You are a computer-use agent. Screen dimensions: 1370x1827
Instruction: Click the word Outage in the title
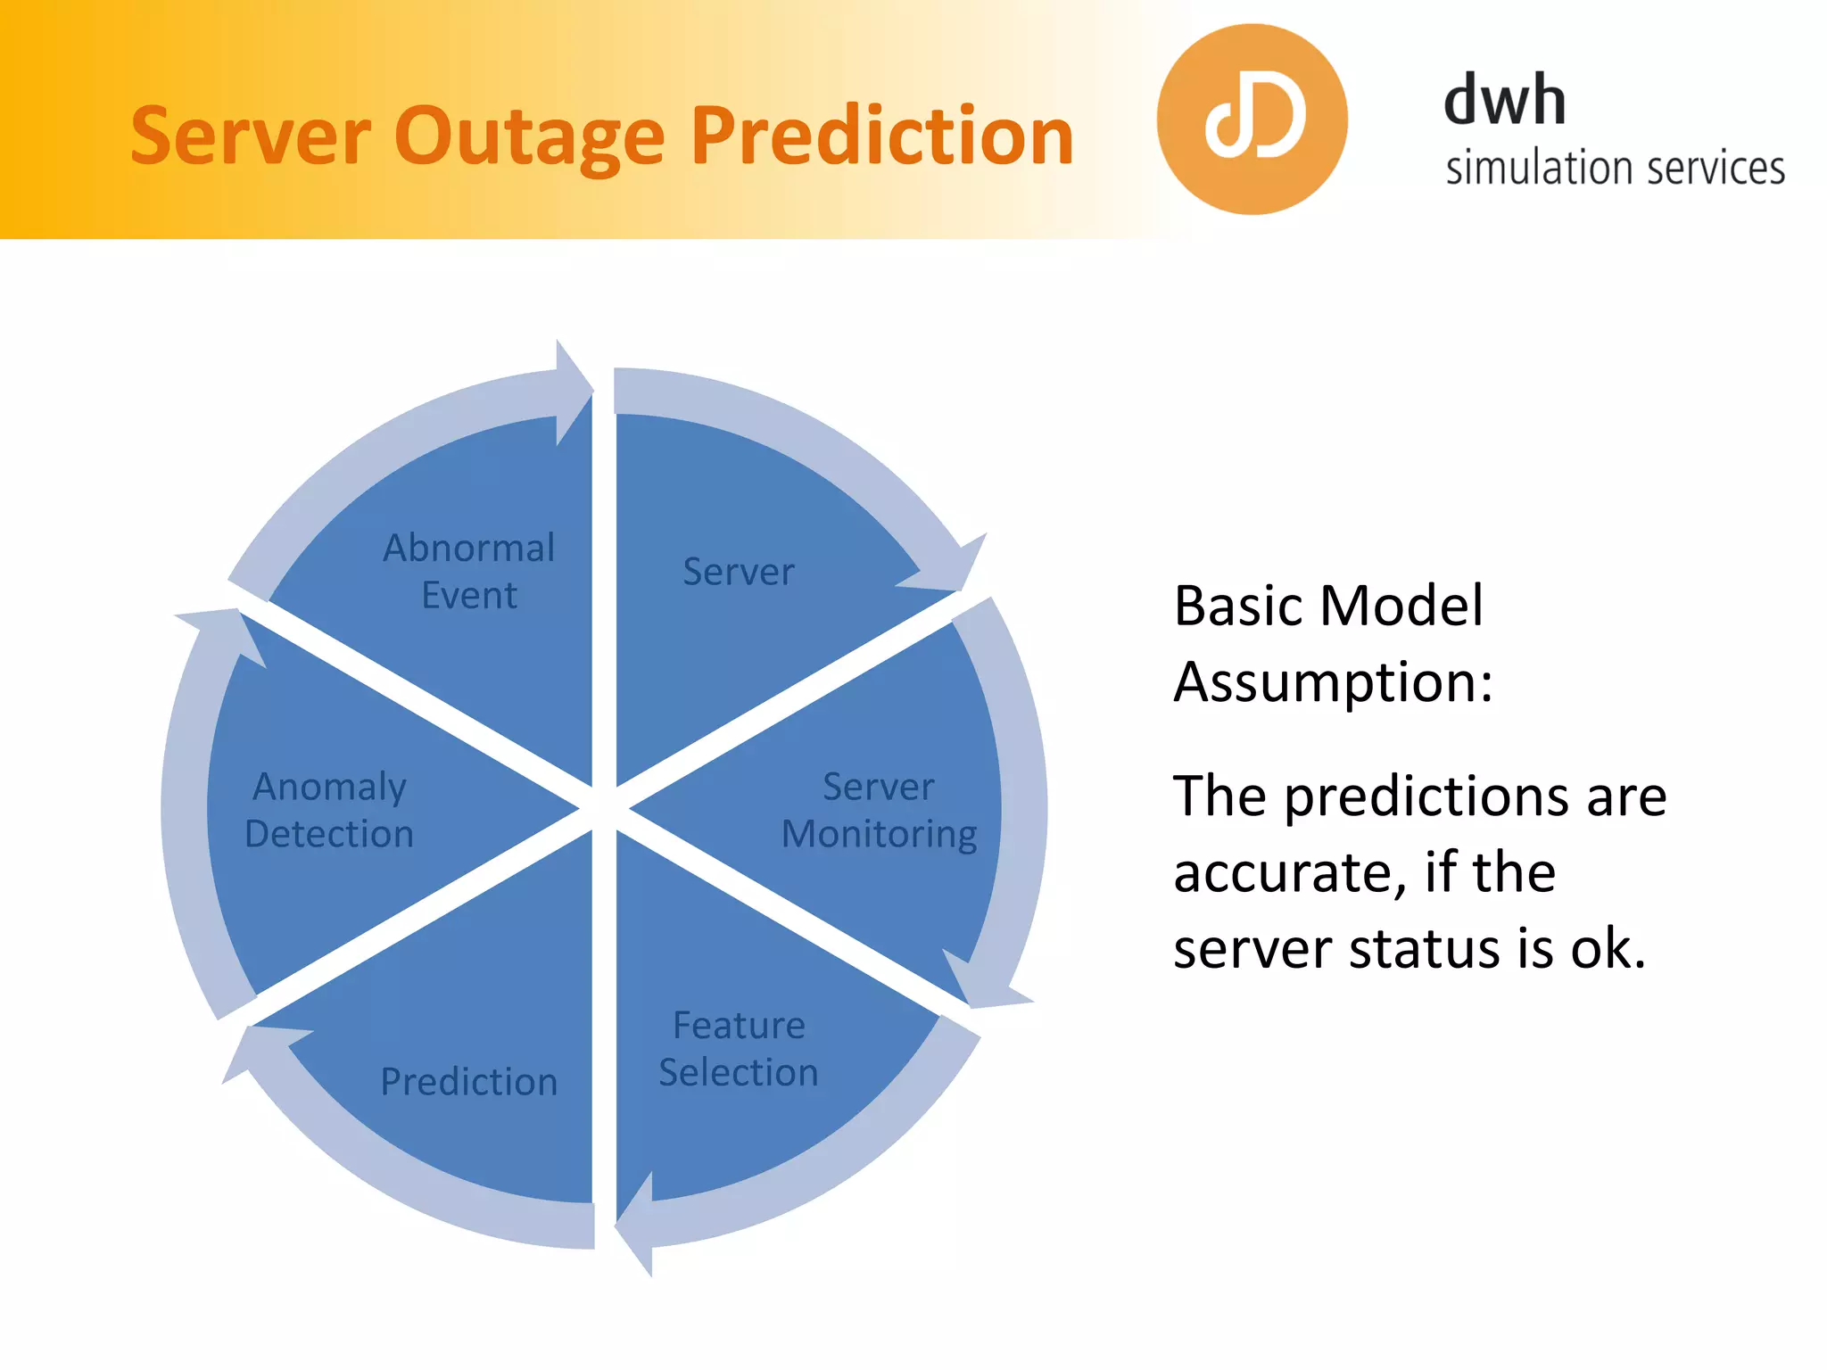529,138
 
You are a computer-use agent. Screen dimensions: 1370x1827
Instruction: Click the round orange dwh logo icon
1252,120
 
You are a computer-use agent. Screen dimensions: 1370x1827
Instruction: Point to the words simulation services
1615,169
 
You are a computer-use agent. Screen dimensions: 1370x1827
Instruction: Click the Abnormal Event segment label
469,571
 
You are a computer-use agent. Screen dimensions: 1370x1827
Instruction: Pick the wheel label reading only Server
738,572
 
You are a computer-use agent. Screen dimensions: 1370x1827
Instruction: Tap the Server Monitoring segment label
879,810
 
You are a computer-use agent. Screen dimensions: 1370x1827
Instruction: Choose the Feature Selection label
739,1048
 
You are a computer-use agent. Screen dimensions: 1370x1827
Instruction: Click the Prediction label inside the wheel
469,1082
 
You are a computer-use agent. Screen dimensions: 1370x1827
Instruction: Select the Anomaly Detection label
329,810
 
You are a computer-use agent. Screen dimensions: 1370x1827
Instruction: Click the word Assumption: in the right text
1333,682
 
